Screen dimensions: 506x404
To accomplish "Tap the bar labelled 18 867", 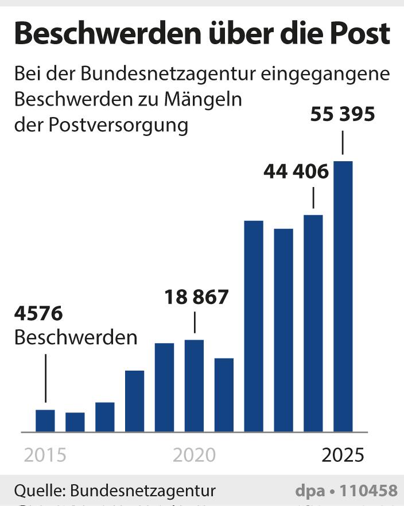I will coord(194,386).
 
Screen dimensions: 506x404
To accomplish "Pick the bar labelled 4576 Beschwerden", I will coord(45,421).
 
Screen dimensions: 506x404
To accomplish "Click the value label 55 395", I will coord(343,114).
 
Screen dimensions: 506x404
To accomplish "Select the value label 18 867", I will coord(196,297).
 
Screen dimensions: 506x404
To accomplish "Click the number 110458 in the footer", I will coord(368,491).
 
